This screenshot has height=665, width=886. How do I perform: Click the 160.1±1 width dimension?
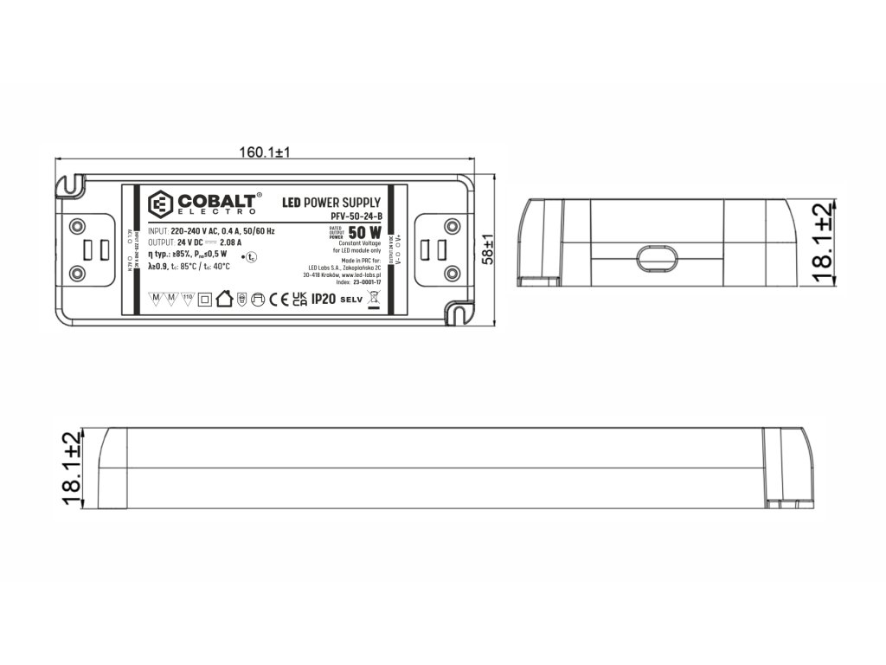[x=265, y=152]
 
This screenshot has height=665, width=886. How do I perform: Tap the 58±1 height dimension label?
[x=488, y=249]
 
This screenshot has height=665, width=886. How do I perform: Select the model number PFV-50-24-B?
[x=356, y=216]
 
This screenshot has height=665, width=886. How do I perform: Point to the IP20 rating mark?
[x=323, y=299]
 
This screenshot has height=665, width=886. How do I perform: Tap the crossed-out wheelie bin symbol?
[x=374, y=300]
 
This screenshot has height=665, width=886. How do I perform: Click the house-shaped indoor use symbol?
[x=224, y=300]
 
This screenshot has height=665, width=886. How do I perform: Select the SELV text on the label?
[x=350, y=300]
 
